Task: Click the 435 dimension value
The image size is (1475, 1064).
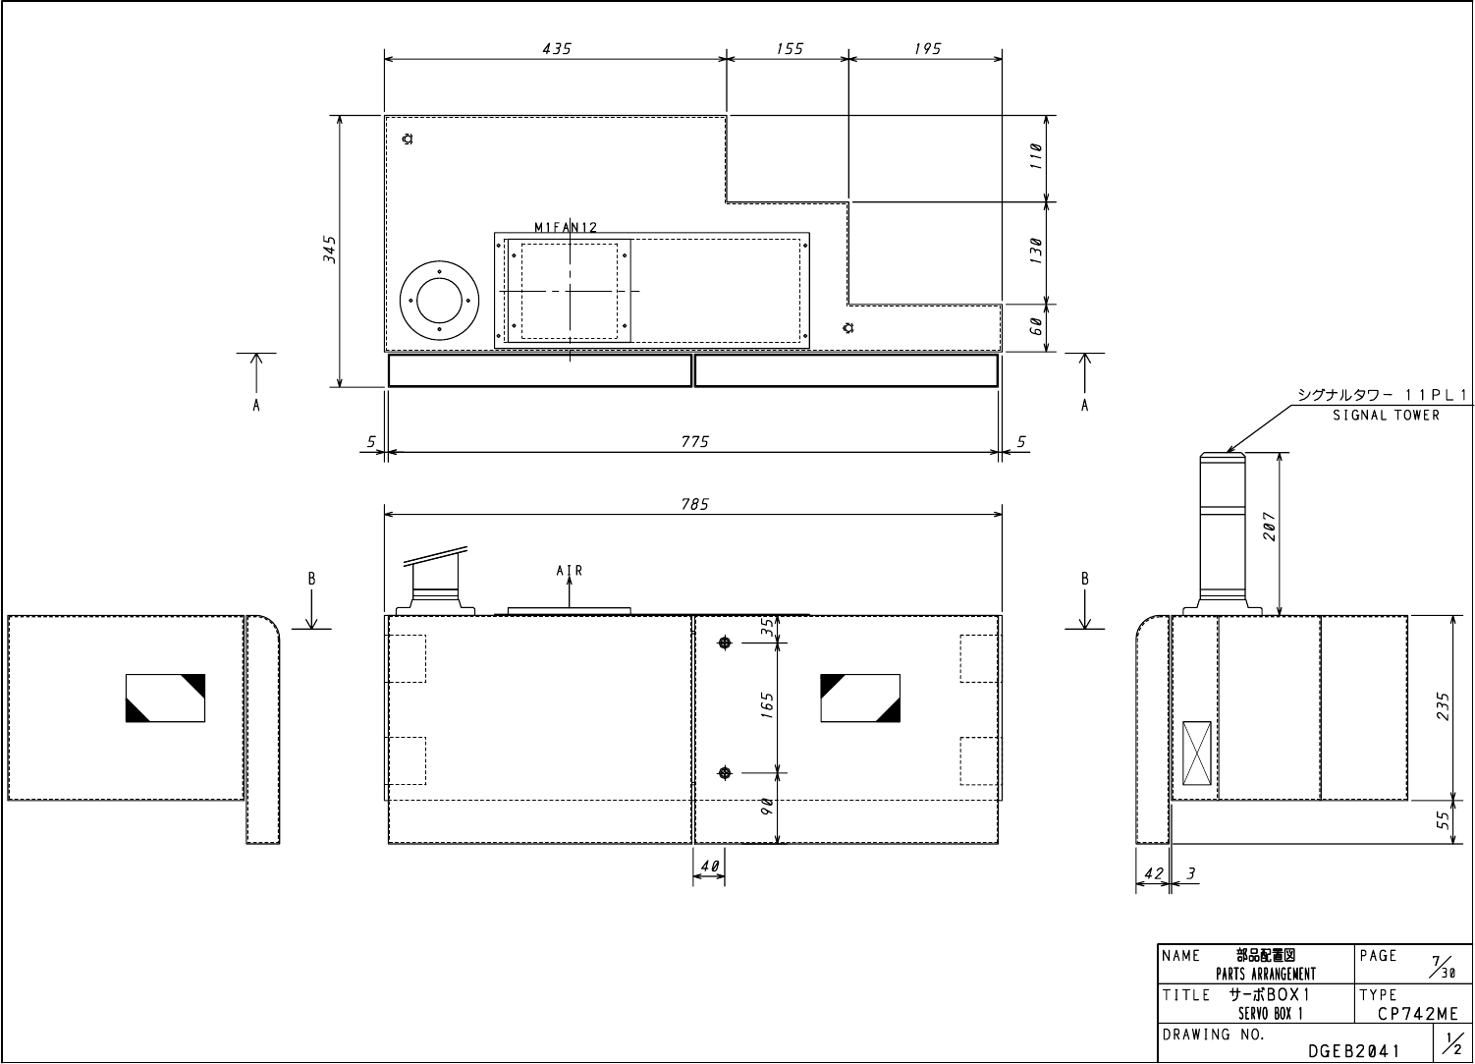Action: [x=557, y=49]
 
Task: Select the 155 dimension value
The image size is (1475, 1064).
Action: [x=790, y=49]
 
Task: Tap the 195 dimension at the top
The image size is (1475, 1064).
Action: [x=927, y=49]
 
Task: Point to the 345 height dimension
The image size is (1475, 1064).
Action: [x=329, y=250]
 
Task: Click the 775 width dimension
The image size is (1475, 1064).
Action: [x=694, y=441]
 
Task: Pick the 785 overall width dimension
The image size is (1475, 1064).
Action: [x=694, y=504]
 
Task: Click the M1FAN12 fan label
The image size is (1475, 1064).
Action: [x=566, y=227]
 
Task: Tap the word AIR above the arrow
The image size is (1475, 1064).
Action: [x=570, y=571]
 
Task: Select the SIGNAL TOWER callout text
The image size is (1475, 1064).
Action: [x=1386, y=415]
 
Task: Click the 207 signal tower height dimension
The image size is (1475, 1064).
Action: [x=1269, y=527]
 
